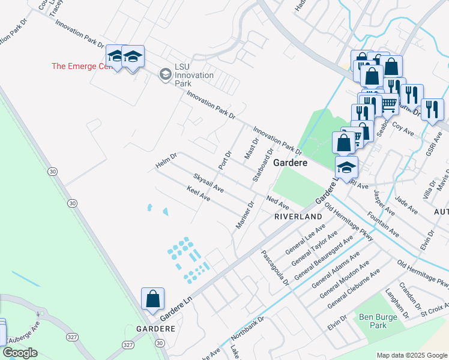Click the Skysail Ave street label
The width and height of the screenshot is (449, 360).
[208, 182]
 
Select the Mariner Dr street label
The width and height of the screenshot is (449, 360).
[246, 218]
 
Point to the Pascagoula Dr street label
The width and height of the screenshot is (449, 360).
[276, 268]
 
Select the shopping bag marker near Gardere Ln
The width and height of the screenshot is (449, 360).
[152, 299]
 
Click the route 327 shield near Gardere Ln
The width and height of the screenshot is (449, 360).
[127, 345]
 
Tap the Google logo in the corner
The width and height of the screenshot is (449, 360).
[20, 353]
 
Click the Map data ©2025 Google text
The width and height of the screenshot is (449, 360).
[411, 355]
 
